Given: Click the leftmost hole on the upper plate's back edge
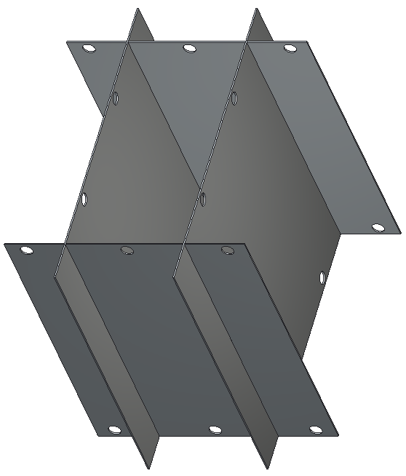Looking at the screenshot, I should coord(89,49).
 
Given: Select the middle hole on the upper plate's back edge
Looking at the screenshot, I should coord(190,49).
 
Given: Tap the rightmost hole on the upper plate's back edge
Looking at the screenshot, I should coord(290,49).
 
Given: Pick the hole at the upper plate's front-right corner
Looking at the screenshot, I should coord(378,227).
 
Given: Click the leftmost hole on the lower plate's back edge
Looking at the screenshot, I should coord(27,250).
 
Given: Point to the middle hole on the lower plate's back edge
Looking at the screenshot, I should coord(127,250).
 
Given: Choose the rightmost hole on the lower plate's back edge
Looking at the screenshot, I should coord(228,250).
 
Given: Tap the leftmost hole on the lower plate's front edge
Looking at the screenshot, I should coord(114,429).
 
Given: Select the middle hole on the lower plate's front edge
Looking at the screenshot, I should coord(215,429).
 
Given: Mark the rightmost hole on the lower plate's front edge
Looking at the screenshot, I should coord(316,429).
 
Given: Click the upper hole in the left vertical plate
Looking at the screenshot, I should coord(116,98).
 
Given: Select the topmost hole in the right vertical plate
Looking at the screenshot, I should coord(234,97).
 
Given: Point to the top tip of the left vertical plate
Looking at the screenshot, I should coord(138,9).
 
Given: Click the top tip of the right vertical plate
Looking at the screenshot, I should coord(257,9).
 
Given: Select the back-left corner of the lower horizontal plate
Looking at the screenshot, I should coord(5,244).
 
